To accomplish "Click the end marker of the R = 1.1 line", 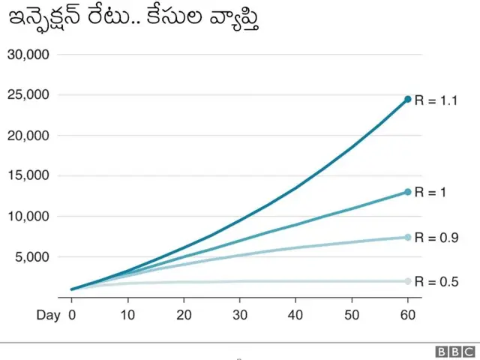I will pyautogui.click(x=408, y=99).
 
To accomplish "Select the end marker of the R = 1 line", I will pyautogui.click(x=408, y=192).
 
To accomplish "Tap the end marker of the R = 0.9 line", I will pyautogui.click(x=408, y=238).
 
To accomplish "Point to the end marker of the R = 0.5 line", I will pyautogui.click(x=408, y=281).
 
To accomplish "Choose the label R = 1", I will pyautogui.click(x=430, y=192).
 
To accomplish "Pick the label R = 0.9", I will pyautogui.click(x=436, y=238).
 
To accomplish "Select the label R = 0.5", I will pyautogui.click(x=436, y=281).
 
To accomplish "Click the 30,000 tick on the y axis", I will pyautogui.click(x=28, y=55).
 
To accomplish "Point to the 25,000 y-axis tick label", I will pyautogui.click(x=28, y=95).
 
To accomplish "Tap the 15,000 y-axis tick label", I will pyautogui.click(x=28, y=176).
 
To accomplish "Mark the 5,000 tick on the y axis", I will pyautogui.click(x=32, y=257).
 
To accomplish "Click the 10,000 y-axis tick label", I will pyautogui.click(x=28, y=217).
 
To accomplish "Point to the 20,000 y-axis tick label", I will pyautogui.click(x=28, y=136).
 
